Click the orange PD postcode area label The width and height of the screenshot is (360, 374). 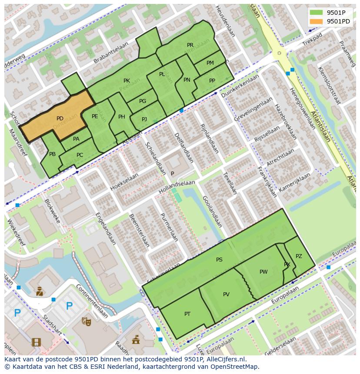[x=60, y=119]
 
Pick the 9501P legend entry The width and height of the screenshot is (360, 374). [x=332, y=13]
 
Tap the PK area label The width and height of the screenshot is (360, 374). [x=127, y=81]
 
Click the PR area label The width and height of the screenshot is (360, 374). [x=190, y=45]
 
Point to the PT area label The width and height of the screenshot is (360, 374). [x=187, y=314]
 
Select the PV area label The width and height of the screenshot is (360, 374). [x=226, y=295]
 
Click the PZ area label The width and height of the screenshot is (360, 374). [x=299, y=256]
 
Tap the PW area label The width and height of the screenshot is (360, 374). [x=263, y=272]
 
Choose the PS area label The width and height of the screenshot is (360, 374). [x=219, y=260]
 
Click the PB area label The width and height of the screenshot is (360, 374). [x=52, y=154]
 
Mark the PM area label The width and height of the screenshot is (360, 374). [x=210, y=63]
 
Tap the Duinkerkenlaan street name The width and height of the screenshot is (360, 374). [x=240, y=86]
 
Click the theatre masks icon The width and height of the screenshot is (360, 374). [x=86, y=321]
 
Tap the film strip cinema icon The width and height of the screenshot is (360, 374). [x=36, y=342]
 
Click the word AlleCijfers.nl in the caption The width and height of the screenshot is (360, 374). [x=226, y=360]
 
